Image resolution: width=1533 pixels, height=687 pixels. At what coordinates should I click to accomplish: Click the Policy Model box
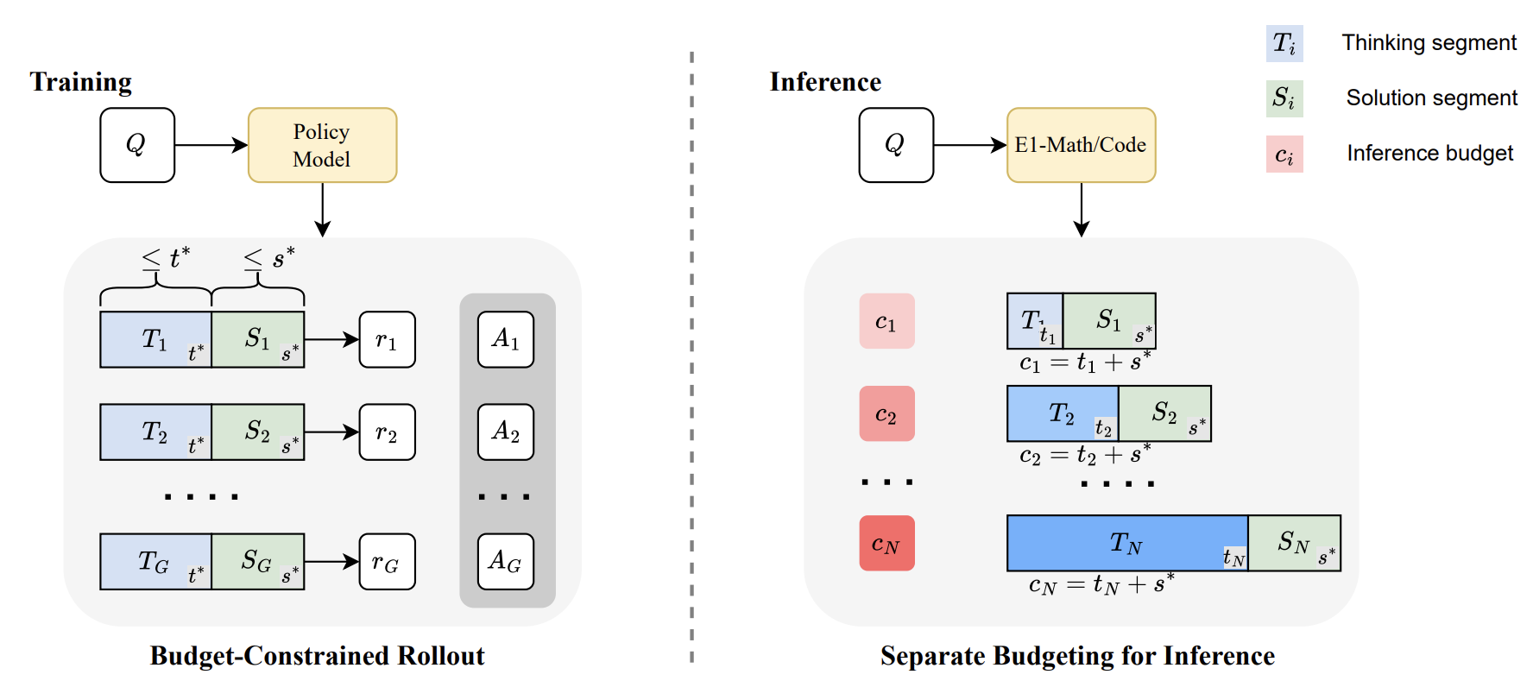point(322,145)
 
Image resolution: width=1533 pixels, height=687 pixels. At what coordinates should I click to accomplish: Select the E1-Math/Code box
point(1081,145)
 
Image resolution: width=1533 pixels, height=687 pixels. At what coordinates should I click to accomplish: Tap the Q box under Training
point(137,145)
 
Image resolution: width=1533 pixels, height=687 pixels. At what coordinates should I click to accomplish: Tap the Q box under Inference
point(896,145)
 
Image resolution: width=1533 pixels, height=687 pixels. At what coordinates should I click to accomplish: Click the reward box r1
point(387,340)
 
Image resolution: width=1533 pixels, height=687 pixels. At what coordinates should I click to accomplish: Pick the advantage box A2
point(505,432)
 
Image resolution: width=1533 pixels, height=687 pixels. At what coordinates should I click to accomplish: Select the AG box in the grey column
point(505,562)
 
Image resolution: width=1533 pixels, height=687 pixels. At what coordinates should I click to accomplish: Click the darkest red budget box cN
point(886,544)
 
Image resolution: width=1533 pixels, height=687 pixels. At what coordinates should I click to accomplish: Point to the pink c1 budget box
point(886,321)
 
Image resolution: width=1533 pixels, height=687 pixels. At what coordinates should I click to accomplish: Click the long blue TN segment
point(1126,543)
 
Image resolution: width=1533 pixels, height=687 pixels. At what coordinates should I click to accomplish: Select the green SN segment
point(1294,543)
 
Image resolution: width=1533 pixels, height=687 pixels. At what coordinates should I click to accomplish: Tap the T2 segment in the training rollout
point(155,432)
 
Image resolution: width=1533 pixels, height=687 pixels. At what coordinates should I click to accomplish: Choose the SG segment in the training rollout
point(257,562)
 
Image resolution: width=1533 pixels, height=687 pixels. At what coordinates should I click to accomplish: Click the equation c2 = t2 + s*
point(1084,455)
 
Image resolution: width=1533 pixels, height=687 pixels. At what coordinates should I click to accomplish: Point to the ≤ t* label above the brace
point(166,257)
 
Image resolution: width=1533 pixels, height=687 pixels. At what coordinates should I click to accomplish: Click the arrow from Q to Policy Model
point(211,145)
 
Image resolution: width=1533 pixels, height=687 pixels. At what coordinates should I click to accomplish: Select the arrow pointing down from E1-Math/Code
point(1081,209)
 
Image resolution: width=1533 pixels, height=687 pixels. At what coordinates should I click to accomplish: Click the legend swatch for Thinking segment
point(1284,43)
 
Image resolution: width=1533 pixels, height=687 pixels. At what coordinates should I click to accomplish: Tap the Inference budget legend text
point(1429,154)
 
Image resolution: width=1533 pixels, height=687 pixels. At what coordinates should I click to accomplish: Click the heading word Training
point(80,82)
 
